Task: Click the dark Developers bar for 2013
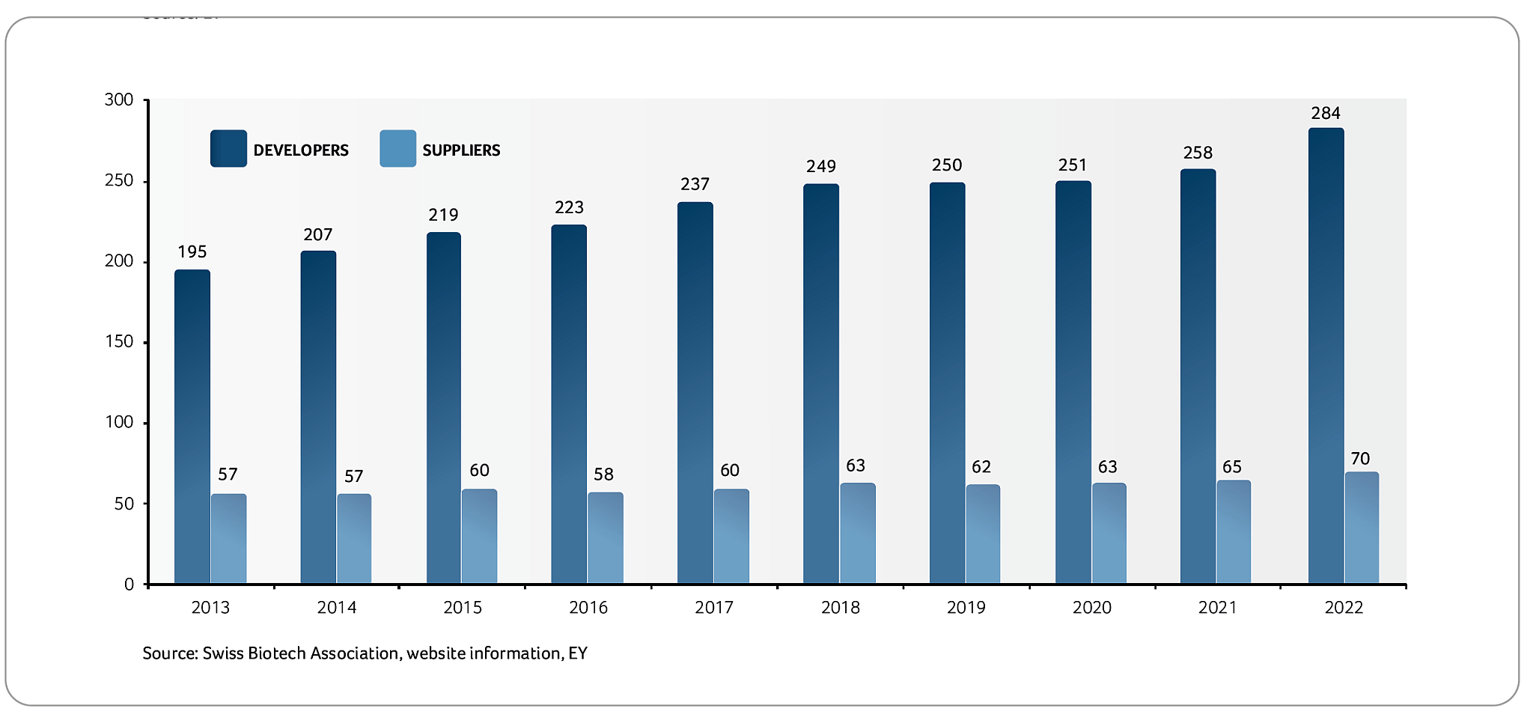pyautogui.click(x=192, y=427)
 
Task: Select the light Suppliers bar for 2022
pyautogui.click(x=1362, y=528)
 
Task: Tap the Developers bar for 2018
pyautogui.click(x=821, y=383)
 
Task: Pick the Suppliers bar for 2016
pyautogui.click(x=605, y=537)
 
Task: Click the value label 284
pyautogui.click(x=1326, y=113)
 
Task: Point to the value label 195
pyautogui.click(x=192, y=251)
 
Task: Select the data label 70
pyautogui.click(x=1360, y=458)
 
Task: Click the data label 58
pyautogui.click(x=603, y=474)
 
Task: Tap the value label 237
pyautogui.click(x=695, y=183)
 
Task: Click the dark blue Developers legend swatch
pyautogui.click(x=228, y=148)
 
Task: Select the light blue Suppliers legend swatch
pyautogui.click(x=397, y=148)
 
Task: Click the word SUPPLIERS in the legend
pyautogui.click(x=461, y=150)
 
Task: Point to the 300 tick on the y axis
pyautogui.click(x=119, y=100)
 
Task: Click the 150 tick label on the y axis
pyautogui.click(x=119, y=342)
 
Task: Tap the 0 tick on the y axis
pyautogui.click(x=129, y=585)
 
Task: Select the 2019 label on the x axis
pyautogui.click(x=966, y=607)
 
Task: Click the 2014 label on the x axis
pyautogui.click(x=336, y=607)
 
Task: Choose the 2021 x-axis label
pyautogui.click(x=1218, y=607)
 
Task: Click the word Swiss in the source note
pyautogui.click(x=223, y=653)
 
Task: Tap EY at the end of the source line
pyautogui.click(x=578, y=653)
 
